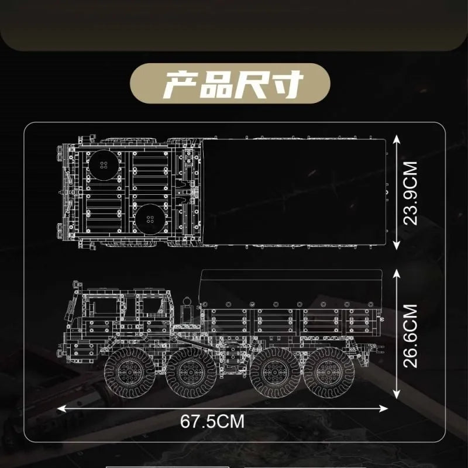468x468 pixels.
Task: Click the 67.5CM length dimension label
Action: click(212, 421)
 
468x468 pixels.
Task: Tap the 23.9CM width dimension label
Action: click(410, 193)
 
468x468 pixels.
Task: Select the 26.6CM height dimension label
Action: click(410, 336)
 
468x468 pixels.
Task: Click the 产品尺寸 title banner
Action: click(230, 83)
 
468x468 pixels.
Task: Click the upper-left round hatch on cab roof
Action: click(104, 165)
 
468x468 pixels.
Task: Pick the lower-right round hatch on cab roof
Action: click(150, 219)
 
